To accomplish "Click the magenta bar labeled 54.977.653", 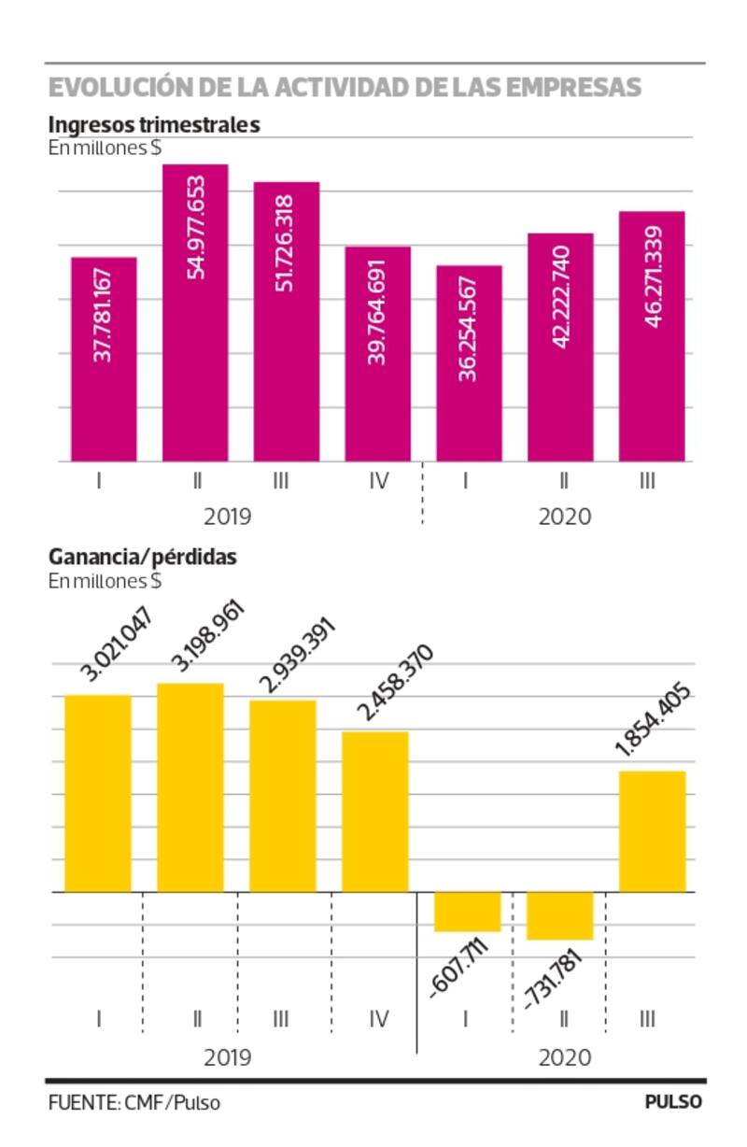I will (195, 313).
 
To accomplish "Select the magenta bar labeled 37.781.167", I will (104, 360).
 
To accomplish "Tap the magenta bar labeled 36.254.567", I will (469, 364).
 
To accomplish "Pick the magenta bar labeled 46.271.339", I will (652, 336).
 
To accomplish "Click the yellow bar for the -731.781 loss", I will (560, 915).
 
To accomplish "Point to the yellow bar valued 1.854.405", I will (652, 831).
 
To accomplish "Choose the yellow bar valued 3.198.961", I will (190, 787).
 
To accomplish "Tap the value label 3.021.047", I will (117, 644).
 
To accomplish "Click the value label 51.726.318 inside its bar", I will (287, 243).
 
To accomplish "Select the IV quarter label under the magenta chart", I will (377, 482).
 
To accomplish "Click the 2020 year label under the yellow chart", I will (564, 1057).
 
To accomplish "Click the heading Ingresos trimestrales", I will (154, 124).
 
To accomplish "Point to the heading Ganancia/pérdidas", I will (143, 557).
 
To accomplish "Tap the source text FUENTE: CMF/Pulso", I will (134, 1102).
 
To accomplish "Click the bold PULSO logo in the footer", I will (673, 1102).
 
